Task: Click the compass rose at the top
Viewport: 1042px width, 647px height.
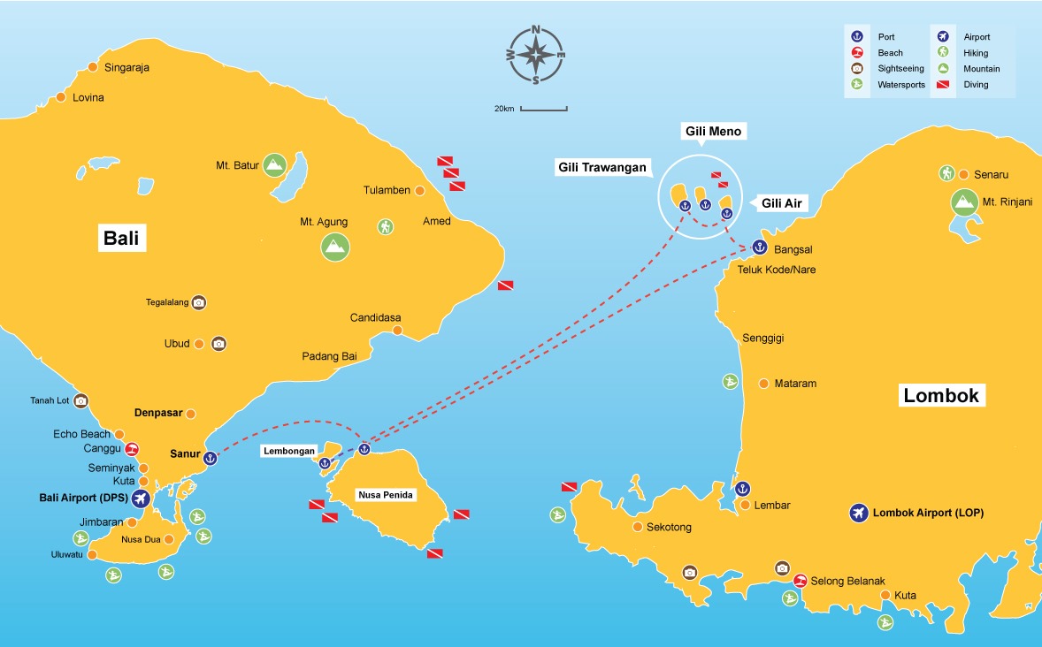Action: [x=536, y=55]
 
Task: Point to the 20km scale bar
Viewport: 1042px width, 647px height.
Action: [x=543, y=109]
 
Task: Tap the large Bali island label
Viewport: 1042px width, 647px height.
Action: [x=122, y=239]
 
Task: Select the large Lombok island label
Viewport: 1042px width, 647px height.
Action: [x=941, y=395]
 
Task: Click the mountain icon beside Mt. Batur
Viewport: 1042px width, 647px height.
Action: [x=274, y=164]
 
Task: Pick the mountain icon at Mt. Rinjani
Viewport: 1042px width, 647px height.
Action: [x=963, y=202]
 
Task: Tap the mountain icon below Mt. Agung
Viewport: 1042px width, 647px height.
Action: [x=334, y=246]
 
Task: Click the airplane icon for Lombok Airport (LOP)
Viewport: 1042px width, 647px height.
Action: [x=857, y=513]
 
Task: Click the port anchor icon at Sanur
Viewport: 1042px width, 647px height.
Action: [x=210, y=457]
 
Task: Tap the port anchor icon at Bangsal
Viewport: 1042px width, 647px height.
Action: [x=758, y=247]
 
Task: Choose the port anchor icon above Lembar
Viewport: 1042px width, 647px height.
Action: [x=743, y=488]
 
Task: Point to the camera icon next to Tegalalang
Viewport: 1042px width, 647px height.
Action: [x=199, y=302]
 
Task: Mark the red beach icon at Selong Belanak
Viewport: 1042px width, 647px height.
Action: [x=800, y=581]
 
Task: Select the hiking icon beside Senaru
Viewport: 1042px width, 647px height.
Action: [x=946, y=173]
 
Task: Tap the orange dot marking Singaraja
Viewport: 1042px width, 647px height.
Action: [x=94, y=67]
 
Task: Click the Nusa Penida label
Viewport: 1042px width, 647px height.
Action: [x=385, y=495]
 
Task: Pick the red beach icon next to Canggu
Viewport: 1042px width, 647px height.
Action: [x=132, y=448]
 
